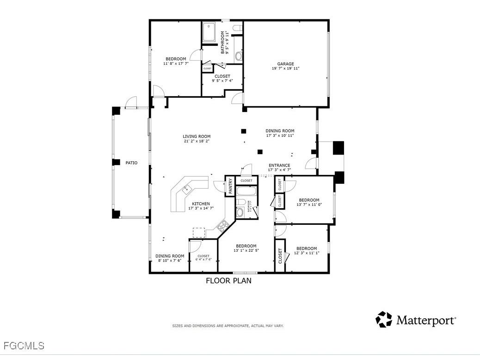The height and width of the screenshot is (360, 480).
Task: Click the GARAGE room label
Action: (285, 64)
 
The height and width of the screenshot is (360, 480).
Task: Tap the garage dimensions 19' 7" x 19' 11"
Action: (285, 68)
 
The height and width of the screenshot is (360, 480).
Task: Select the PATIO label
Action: (131, 163)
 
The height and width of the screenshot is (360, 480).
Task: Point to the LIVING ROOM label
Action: (197, 137)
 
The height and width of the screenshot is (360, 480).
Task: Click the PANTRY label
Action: (231, 186)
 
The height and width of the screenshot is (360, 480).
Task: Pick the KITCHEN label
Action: (201, 204)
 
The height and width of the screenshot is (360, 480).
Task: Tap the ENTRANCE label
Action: (279, 165)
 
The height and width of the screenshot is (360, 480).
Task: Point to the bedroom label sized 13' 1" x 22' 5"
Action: (246, 246)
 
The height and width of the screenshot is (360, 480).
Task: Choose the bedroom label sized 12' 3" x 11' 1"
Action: (307, 248)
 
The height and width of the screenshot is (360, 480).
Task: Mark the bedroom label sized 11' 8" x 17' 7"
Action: (176, 59)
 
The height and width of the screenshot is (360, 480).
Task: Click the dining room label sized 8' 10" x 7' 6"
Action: (170, 256)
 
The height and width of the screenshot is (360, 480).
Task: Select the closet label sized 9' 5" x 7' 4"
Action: (222, 76)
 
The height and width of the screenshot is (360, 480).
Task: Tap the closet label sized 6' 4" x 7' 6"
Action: (203, 256)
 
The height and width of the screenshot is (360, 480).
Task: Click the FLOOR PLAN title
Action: (228, 280)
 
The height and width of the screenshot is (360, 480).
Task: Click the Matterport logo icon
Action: (383, 319)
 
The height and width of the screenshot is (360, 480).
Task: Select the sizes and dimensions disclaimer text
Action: (228, 326)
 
